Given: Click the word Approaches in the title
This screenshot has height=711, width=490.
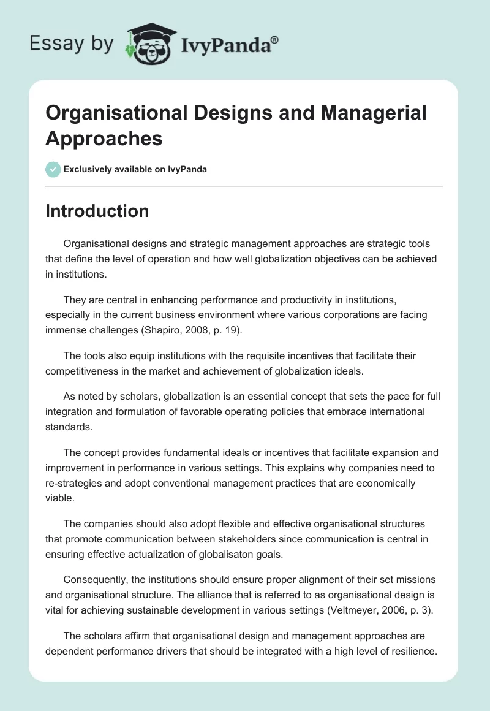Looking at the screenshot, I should point(104,139).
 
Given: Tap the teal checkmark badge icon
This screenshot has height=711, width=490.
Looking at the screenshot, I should point(53,169).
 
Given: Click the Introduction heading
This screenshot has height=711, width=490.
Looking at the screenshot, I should point(97,211).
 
